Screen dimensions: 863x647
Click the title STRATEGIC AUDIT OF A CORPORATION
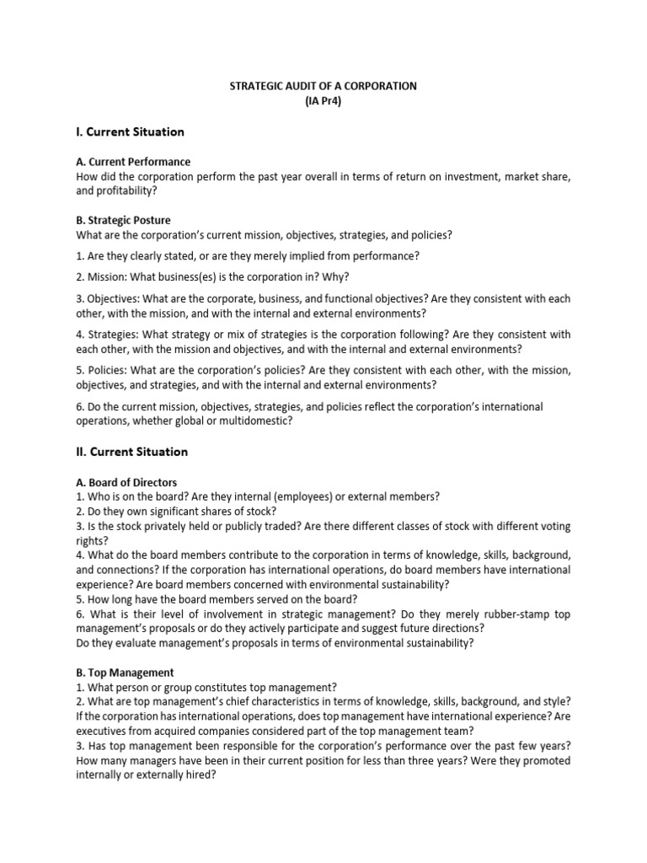pyautogui.click(x=323, y=87)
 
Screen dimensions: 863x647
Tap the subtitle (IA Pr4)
pyautogui.click(x=323, y=101)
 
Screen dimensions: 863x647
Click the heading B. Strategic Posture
pyautogui.click(x=123, y=220)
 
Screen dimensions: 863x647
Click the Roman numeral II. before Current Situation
pyautogui.click(x=81, y=452)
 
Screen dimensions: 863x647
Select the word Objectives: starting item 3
pyautogui.click(x=113, y=299)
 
